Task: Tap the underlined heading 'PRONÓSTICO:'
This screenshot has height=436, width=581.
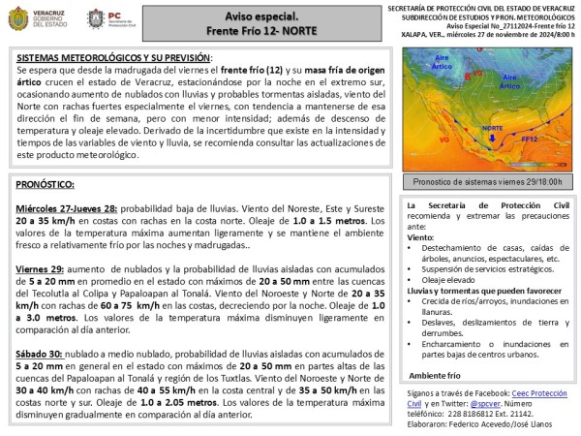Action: pyautogui.click(x=49, y=182)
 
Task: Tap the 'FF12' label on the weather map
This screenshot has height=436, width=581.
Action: pyautogui.click(x=532, y=139)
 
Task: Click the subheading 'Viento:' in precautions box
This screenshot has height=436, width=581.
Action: pyautogui.click(x=421, y=236)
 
